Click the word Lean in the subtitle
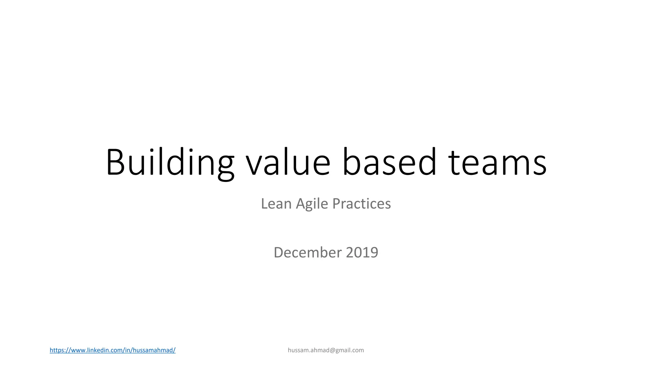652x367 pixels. click(276, 204)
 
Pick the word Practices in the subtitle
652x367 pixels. click(361, 204)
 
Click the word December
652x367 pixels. click(308, 252)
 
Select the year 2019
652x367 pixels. click(362, 252)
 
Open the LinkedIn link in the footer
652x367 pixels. click(112, 350)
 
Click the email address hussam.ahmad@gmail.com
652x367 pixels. click(326, 350)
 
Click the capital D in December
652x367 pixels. click(279, 252)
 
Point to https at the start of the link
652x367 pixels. click(57, 350)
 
